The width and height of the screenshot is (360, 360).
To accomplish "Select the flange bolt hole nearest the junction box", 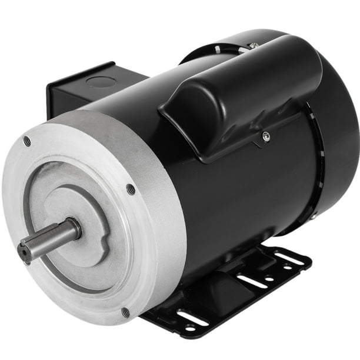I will coord(27,141).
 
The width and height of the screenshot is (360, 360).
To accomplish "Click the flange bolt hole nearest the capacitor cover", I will coord(131,189).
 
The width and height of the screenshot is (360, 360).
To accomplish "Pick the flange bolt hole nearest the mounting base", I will coord(125,312).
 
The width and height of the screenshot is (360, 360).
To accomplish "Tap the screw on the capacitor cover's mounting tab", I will coord(266,137).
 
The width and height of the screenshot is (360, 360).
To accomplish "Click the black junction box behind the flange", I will coord(71,94).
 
